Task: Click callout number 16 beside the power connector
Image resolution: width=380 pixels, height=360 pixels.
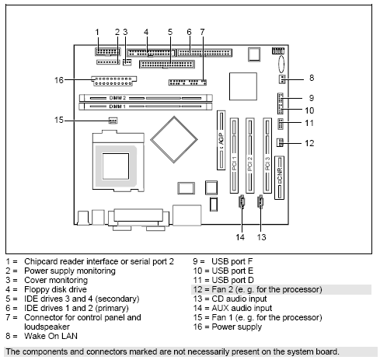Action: pyautogui.click(x=58, y=79)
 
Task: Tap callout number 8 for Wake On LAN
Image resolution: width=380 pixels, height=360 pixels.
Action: pyautogui.click(x=311, y=78)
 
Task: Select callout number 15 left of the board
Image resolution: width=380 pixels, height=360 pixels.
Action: pyautogui.click(x=58, y=120)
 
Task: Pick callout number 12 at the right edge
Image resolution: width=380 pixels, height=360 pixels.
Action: pyautogui.click(x=309, y=142)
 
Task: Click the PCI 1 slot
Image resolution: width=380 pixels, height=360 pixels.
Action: pyautogui.click(x=233, y=155)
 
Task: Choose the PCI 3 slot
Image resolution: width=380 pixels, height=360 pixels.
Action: pyautogui.click(x=267, y=155)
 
